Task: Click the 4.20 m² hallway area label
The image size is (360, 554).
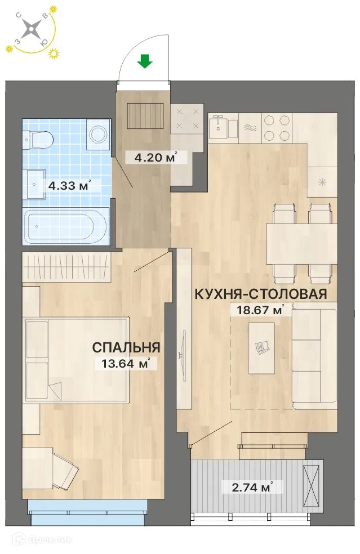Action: (149, 158)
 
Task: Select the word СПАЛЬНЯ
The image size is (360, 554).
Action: (127, 347)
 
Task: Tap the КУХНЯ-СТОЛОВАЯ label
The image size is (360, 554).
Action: (261, 294)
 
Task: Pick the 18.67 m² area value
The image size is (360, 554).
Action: (257, 309)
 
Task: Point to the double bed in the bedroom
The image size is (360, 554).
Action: (76, 359)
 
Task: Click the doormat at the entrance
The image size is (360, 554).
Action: (145, 115)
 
